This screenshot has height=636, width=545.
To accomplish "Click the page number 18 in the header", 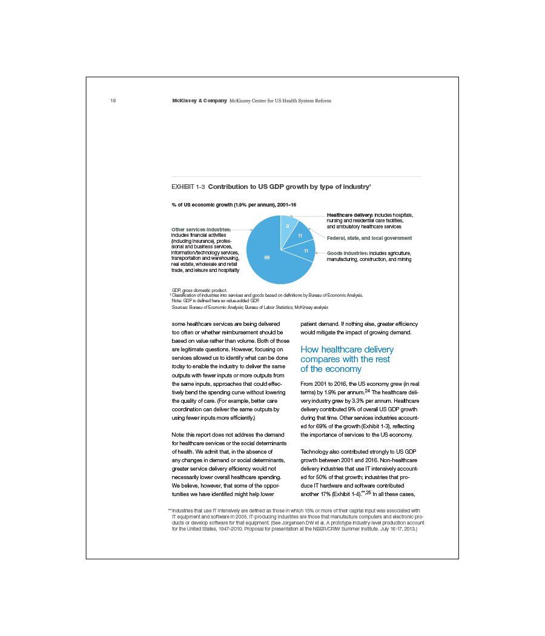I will [x=113, y=101].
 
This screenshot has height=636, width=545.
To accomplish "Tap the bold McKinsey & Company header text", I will [x=199, y=101].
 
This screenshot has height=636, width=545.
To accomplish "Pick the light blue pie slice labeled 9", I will [x=286, y=228].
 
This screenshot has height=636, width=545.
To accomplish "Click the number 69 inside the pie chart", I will [x=267, y=257].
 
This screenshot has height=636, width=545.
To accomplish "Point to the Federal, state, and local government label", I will [x=369, y=238].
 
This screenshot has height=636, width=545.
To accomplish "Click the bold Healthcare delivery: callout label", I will [x=350, y=215].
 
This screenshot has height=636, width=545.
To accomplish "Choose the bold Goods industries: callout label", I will [x=347, y=253].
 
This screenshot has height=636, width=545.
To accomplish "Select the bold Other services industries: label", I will [x=201, y=230].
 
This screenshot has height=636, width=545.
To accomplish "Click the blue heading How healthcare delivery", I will [x=347, y=349].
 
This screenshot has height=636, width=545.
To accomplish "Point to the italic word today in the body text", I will [x=179, y=366].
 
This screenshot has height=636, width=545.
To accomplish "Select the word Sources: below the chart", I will [x=180, y=308].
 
